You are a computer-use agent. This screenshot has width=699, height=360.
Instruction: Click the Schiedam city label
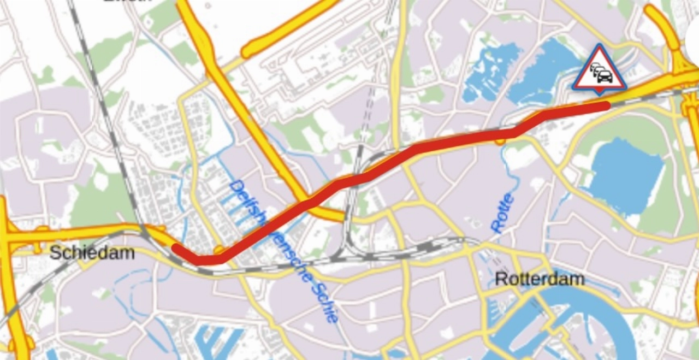click(x=92, y=252)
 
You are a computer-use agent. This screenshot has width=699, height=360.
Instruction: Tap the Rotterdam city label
click(x=539, y=279)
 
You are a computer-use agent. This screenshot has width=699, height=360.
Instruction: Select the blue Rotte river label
click(x=502, y=213)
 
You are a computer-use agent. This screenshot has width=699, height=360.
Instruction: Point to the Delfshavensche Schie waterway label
click(x=284, y=251)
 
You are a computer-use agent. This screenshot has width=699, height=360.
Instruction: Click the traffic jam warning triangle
click(x=600, y=70)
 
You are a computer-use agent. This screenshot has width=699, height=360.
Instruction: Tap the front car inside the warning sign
click(x=605, y=76)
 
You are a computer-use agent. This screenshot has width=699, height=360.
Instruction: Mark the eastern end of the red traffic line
click(x=607, y=105)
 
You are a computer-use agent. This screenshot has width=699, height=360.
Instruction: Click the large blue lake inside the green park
click(x=625, y=175)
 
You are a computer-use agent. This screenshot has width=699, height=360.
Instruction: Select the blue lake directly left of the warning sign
click(x=541, y=71)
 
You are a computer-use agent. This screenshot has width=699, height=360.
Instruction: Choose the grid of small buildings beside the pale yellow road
click(x=158, y=131)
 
